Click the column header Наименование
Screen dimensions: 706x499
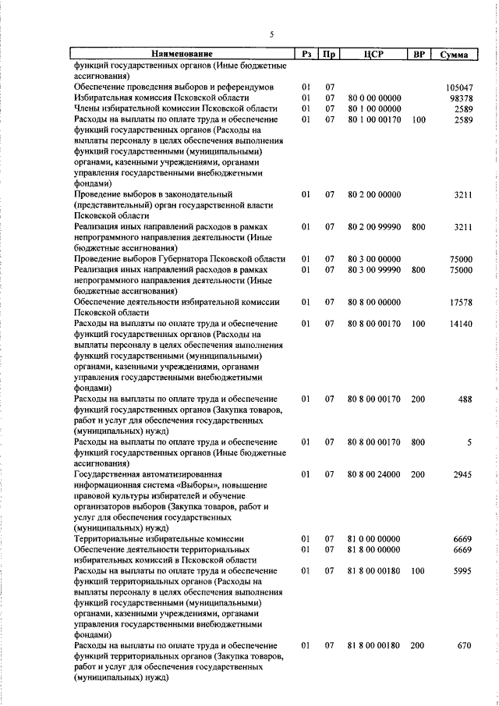(182, 55)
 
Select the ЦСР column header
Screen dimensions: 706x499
(374, 55)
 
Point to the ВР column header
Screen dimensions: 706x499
(419, 55)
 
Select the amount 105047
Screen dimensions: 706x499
(458, 87)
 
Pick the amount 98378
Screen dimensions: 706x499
(460, 98)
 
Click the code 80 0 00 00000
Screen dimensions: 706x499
(374, 98)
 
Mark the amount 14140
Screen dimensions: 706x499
(460, 323)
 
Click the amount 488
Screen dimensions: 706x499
(465, 399)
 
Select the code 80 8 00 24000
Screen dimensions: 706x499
(374, 474)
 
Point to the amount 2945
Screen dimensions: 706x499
(462, 474)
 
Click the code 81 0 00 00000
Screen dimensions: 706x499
(374, 539)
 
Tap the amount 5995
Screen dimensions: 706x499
(462, 571)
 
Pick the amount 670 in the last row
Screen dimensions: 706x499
(465, 647)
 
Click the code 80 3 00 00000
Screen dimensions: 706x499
(374, 259)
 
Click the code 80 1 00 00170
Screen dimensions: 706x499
(374, 119)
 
